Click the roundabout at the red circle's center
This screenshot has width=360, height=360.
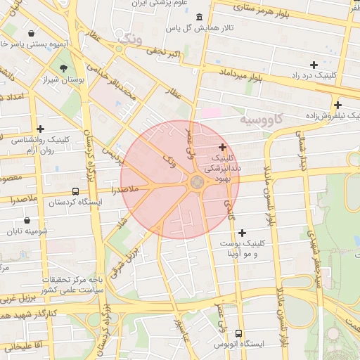pyautogui.click(x=197, y=183)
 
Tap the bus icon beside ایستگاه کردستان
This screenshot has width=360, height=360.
pyautogui.click(x=75, y=191)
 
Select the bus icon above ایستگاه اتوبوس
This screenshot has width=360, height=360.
pyautogui.click(x=239, y=333)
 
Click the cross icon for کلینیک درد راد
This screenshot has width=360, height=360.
pyautogui.click(x=314, y=64)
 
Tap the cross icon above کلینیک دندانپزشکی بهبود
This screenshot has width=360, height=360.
pyautogui.click(x=223, y=148)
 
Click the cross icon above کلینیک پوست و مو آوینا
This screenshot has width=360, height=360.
pyautogui.click(x=243, y=233)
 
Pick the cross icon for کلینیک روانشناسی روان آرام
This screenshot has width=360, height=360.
pyautogui.click(x=41, y=129)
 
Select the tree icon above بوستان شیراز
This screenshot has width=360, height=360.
pyautogui.click(x=64, y=69)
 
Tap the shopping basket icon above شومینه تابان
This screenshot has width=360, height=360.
pyautogui.click(x=27, y=220)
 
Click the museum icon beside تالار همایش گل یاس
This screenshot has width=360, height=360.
pyautogui.click(x=200, y=17)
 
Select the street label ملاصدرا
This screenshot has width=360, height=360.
pyautogui.click(x=123, y=190)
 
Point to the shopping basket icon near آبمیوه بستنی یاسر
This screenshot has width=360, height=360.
pyautogui.click(x=31, y=33)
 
